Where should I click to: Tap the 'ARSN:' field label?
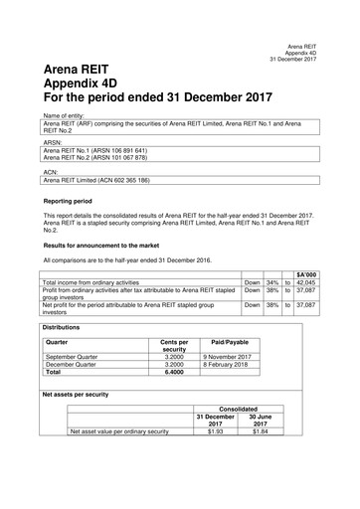[x=52, y=142]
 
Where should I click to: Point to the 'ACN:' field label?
[x=51, y=171]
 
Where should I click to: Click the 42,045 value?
[x=304, y=281]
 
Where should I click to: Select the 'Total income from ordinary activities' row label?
[x=101, y=281]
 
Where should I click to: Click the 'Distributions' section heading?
[x=65, y=327]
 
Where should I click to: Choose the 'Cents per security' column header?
[x=175, y=346]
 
